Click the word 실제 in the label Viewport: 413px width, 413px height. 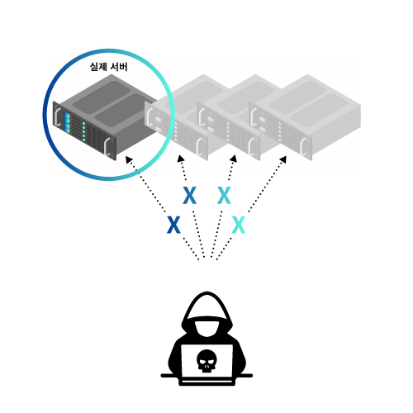point(98,67)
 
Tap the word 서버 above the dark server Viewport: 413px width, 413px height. point(119,67)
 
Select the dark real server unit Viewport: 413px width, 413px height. point(106,117)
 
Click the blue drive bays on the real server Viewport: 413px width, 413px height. point(67,123)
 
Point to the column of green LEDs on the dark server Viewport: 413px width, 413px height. point(83,131)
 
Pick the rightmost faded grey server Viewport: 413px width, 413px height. point(305,117)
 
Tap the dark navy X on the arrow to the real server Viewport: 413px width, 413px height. point(173,225)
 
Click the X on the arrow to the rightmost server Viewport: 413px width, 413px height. point(239,225)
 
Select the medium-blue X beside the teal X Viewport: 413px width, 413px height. point(190,195)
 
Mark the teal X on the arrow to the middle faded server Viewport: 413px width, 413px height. point(224,195)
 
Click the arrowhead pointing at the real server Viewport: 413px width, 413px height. point(129,159)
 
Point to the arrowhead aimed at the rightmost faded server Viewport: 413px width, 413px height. point(283,159)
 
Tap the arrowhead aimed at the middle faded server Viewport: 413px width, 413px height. point(234,159)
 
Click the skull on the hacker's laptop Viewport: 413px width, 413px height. point(206,361)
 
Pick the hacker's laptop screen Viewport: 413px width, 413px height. point(206,361)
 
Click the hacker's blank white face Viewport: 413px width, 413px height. point(207,329)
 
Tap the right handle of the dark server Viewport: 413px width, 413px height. point(107,146)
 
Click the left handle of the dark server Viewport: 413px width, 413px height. point(58,116)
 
